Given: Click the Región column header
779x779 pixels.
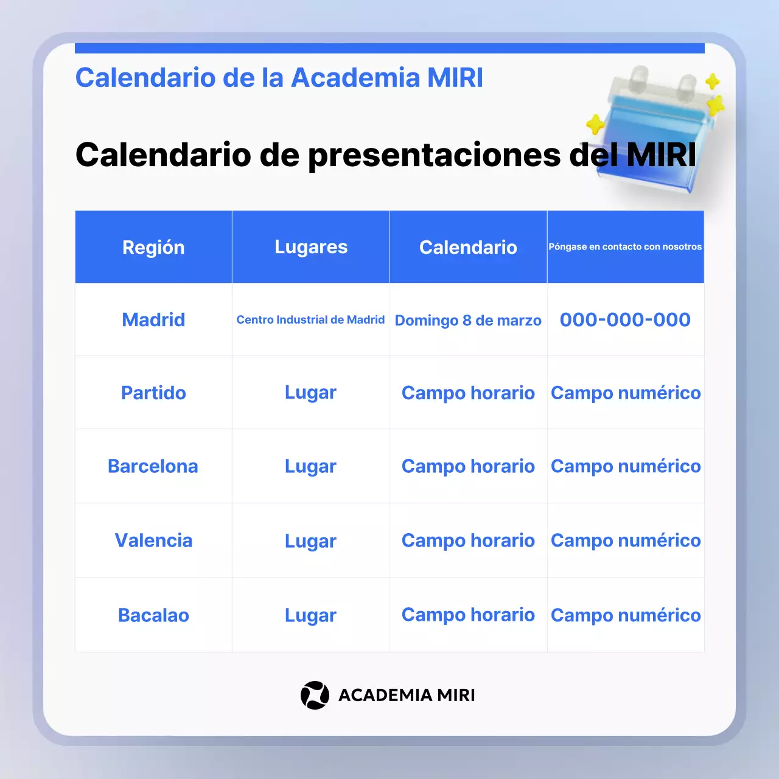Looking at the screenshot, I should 153,247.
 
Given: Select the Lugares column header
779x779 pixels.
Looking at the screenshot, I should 311,247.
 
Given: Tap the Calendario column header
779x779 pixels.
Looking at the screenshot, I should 468,247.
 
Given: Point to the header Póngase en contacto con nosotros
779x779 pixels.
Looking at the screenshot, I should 625,247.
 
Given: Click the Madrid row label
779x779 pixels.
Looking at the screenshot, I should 153,320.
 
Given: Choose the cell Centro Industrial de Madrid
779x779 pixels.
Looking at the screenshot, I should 310,320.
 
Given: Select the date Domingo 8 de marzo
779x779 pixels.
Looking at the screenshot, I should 468,320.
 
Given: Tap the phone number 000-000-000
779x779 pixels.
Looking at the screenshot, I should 625,320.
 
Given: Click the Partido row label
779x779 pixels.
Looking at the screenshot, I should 153,393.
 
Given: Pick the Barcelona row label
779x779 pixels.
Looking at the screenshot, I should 153,466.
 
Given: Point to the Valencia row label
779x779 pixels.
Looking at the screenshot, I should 153,540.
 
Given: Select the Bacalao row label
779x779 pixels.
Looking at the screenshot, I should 153,615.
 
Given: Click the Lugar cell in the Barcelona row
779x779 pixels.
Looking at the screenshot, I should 310,466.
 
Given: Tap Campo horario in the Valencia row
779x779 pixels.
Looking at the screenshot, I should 468,540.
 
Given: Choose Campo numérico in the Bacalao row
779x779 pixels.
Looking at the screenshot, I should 626,615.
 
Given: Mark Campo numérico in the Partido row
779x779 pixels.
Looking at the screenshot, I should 626,393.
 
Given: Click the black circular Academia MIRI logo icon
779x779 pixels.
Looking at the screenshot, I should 315,695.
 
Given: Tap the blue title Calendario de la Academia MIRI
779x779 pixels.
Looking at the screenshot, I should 279,78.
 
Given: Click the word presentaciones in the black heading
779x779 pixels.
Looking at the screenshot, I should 434,155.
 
